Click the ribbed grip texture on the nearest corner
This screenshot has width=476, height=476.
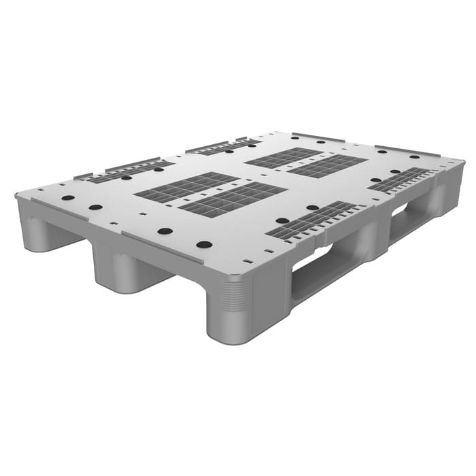(235, 296)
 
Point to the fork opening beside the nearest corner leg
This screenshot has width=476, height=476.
(320, 269)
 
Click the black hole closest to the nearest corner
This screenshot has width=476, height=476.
(204, 244)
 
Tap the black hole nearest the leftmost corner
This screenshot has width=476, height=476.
(68, 198)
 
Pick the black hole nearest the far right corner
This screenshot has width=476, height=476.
(414, 157)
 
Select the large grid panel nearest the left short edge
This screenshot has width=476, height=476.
(186, 186)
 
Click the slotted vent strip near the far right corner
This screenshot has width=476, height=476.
(401, 180)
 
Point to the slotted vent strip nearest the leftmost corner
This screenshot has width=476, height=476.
(122, 171)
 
